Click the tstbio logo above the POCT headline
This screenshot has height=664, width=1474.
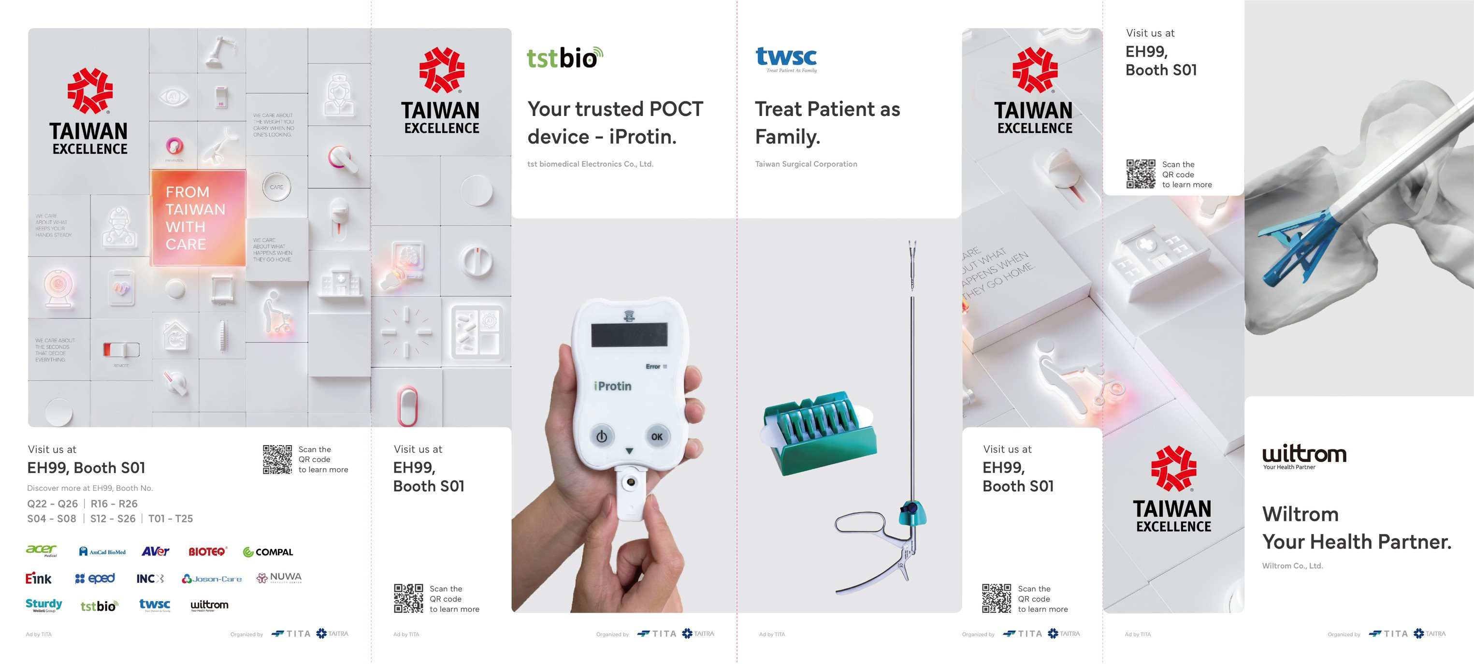[x=564, y=58]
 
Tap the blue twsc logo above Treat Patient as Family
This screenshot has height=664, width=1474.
[x=786, y=58]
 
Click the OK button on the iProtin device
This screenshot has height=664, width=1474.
[x=656, y=436]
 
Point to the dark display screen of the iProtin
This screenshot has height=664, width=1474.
[x=629, y=334]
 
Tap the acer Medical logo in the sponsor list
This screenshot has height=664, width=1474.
[x=42, y=550]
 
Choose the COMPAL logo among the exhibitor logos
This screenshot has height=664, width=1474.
[x=268, y=552]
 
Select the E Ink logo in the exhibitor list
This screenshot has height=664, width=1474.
[x=38, y=579]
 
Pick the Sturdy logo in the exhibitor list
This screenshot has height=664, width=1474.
[x=43, y=605]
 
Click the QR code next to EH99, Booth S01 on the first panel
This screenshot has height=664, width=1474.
[x=277, y=459]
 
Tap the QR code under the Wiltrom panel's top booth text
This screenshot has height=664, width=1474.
[x=1141, y=174]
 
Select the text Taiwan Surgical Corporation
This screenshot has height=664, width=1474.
[x=806, y=164]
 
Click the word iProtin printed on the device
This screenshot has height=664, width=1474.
[x=613, y=387]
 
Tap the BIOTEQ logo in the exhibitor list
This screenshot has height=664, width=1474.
[x=207, y=552]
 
